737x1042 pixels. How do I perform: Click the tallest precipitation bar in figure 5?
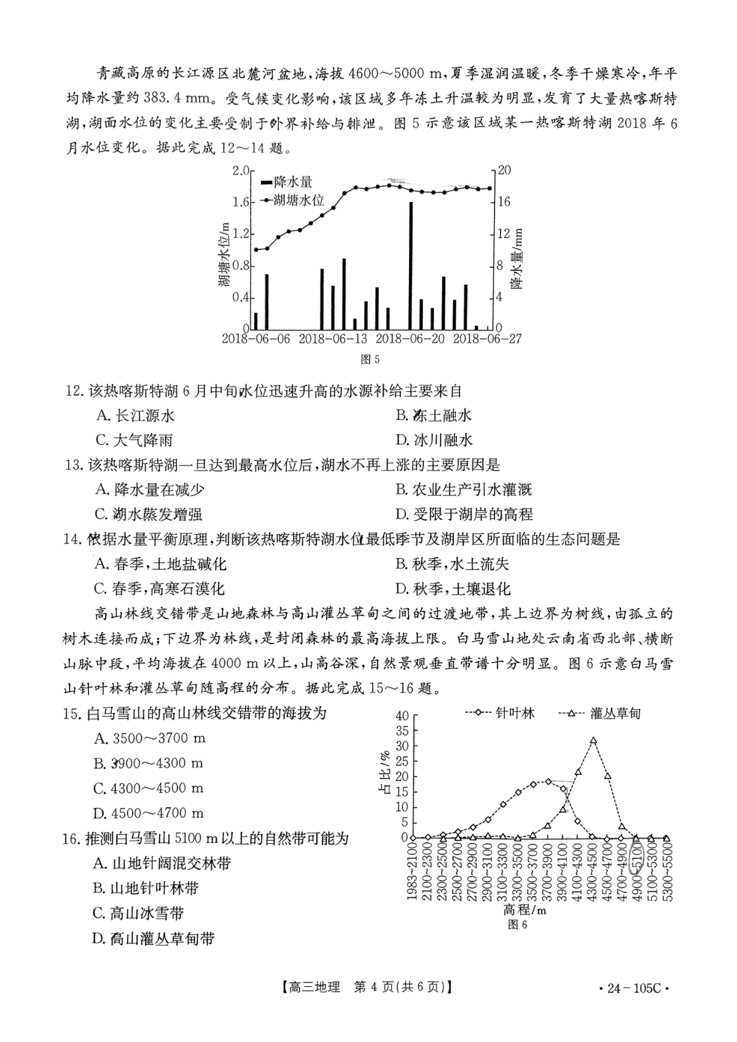[410, 265]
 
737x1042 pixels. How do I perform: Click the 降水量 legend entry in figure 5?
[287, 182]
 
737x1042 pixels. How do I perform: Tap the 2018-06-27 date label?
[487, 339]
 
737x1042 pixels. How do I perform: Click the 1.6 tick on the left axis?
[241, 202]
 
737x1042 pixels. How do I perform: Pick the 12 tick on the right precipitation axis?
[503, 234]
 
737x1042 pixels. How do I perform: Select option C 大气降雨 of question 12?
[135, 440]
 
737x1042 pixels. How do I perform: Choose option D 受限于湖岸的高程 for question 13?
[464, 515]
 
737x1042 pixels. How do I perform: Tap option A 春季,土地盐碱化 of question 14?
[160, 564]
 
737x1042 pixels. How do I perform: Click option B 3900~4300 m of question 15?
[148, 763]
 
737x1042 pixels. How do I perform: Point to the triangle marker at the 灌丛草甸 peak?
[593, 741]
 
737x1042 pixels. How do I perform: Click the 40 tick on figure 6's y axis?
[402, 715]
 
